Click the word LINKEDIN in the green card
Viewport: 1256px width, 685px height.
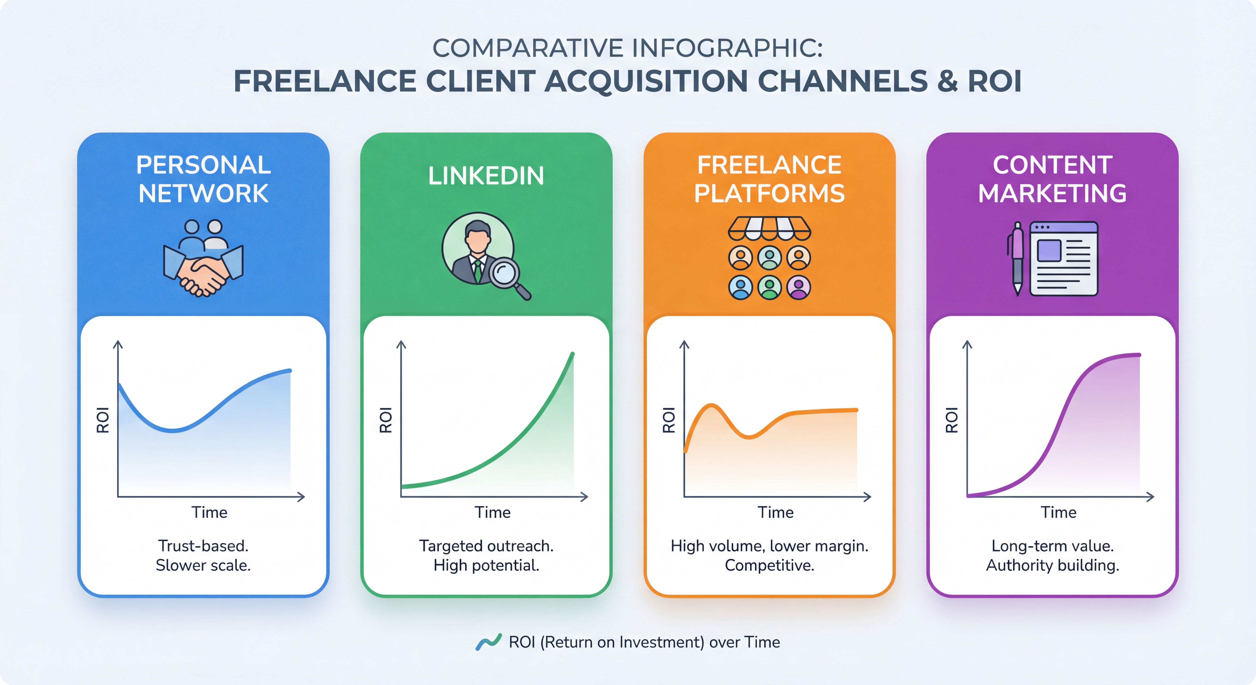pos(486,176)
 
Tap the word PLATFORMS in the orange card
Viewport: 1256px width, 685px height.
pos(769,194)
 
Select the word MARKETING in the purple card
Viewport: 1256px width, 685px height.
pos(1052,194)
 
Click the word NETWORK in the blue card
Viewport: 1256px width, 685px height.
pos(203,194)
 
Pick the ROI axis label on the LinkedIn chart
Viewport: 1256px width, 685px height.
pos(386,420)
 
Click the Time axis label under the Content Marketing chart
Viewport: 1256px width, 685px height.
pos(1059,512)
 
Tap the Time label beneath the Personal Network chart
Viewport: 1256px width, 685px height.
pos(209,512)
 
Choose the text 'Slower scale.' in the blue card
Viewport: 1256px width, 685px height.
pos(203,565)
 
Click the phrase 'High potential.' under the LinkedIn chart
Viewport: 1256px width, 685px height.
pos(486,565)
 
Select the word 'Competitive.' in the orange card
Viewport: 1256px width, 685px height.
pos(769,565)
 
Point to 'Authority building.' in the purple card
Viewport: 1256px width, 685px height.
pos(1052,565)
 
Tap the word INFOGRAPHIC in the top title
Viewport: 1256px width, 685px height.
pos(728,48)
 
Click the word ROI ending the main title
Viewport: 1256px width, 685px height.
pos(995,81)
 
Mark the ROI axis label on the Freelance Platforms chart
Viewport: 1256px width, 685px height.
pos(668,420)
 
